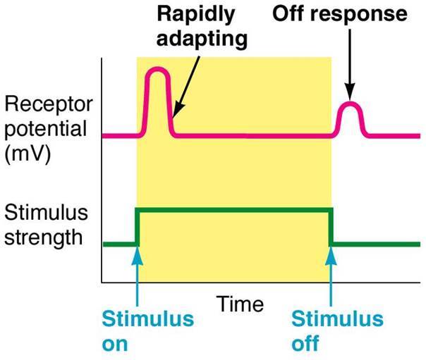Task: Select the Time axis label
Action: click(239, 305)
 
